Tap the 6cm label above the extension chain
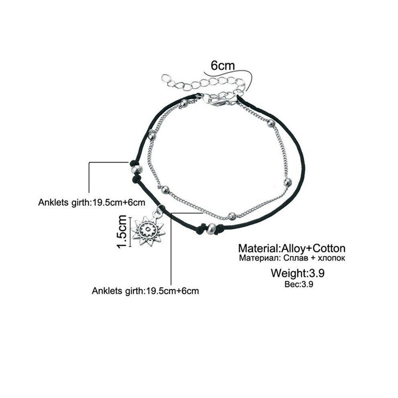point(223,66)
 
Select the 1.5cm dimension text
point(122,232)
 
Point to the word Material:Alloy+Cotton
point(291,248)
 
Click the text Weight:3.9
point(298,273)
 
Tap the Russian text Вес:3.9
point(299,284)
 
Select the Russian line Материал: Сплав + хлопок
point(292,258)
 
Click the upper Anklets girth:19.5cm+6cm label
point(92,203)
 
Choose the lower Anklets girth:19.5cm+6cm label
point(145,291)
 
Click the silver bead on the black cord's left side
point(136,169)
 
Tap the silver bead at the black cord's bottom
point(211,228)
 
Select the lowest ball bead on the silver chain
point(231,216)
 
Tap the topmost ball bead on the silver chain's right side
point(271,123)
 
